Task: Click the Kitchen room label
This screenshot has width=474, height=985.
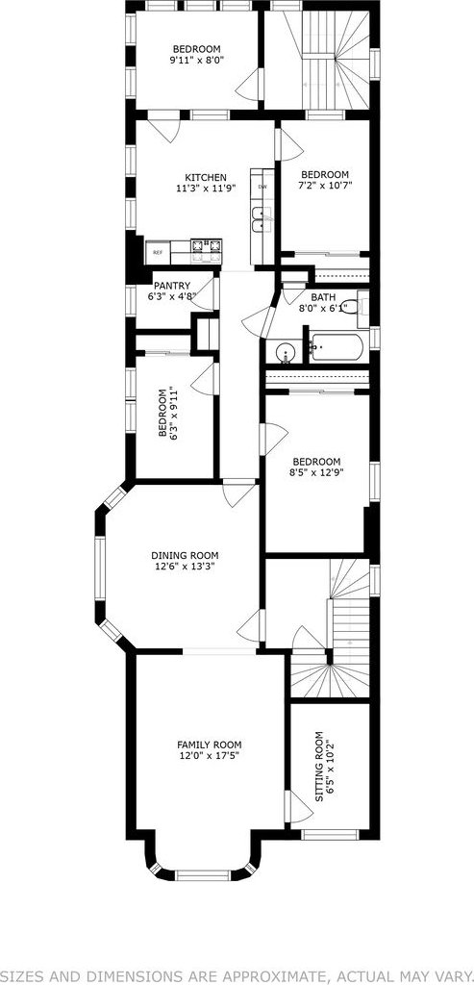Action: [206, 178]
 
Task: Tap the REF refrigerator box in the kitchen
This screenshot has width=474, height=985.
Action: [158, 253]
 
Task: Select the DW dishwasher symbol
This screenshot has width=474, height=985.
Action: [262, 187]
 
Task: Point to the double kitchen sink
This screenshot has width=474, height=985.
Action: [262, 219]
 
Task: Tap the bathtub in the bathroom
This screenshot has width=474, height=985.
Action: [336, 347]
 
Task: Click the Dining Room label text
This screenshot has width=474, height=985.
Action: [185, 555]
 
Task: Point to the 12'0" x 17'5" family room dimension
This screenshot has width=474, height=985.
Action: [209, 755]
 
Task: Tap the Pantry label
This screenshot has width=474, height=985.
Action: [171, 286]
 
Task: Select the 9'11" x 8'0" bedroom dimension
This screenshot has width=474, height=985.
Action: [196, 60]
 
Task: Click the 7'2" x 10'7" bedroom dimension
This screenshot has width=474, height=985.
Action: [325, 185]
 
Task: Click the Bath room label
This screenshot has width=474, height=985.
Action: [323, 298]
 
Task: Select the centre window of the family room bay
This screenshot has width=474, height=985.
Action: [203, 874]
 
